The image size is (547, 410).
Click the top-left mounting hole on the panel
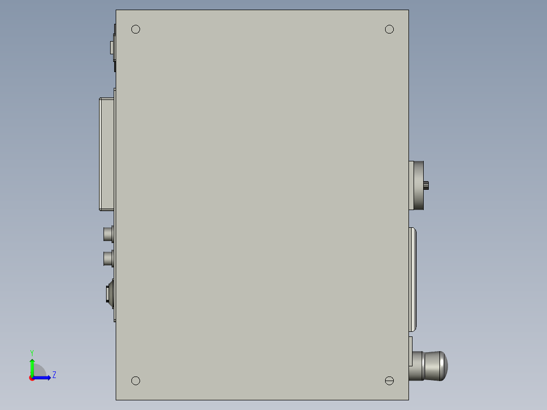click(135, 29)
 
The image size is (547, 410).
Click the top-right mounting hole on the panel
click(389, 29)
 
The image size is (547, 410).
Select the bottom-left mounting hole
click(135, 381)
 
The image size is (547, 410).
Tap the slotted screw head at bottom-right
click(389, 381)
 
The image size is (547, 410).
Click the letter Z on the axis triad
click(54, 375)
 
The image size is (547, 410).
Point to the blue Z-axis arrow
click(44, 378)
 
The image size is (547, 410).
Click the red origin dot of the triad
click(32, 378)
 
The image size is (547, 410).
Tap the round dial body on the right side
click(418, 185)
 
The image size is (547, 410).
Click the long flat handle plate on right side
click(413, 279)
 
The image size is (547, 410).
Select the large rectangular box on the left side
click(107, 153)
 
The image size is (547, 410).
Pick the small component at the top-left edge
click(113, 48)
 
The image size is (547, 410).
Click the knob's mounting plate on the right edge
click(411, 351)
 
